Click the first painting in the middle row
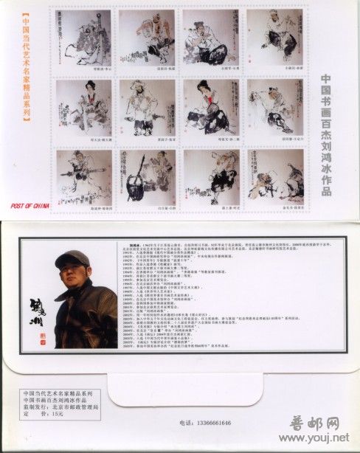coord(83,111)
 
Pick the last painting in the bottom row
coord(274,179)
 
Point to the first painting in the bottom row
coord(83,179)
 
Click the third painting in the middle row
coord(211,111)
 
